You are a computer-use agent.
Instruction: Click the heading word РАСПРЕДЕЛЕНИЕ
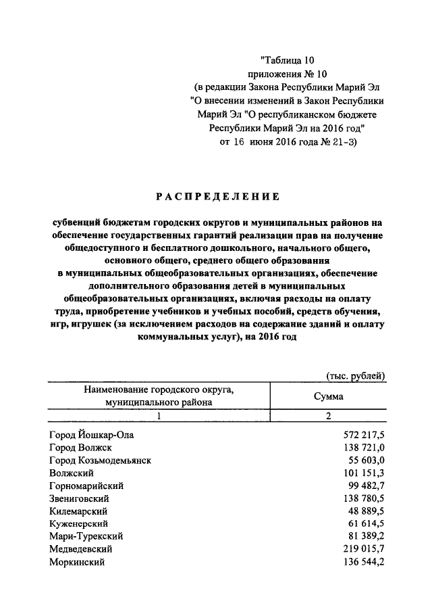(x=217, y=197)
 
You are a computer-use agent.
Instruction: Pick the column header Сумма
(x=327, y=396)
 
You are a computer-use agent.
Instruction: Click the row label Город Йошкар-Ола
(x=96, y=435)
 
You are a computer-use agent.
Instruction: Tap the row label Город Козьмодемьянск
(x=100, y=460)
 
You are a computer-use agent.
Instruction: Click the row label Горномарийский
(x=86, y=486)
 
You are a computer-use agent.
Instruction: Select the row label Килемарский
(x=78, y=511)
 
